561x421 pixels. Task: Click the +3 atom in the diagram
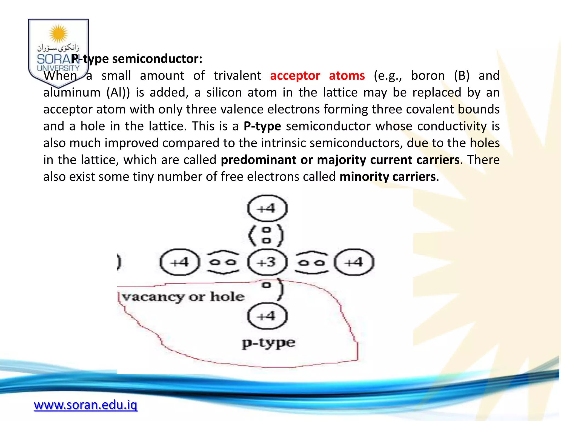point(267,262)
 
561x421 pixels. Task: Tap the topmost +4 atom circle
point(267,209)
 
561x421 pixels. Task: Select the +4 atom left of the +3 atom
point(180,262)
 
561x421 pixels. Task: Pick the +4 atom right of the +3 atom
point(354,262)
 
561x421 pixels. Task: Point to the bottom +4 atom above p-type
point(267,316)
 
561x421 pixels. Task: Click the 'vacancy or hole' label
point(183,297)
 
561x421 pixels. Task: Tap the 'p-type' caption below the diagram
point(268,343)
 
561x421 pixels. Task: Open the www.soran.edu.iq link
point(85,405)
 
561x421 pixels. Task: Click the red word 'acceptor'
point(295,76)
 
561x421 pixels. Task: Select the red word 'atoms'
point(347,76)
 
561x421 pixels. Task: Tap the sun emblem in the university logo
point(58,34)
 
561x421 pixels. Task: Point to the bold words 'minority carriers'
point(387,177)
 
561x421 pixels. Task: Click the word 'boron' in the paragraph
point(428,76)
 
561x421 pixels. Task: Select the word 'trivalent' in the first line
point(237,76)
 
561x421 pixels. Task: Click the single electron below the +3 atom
point(266,285)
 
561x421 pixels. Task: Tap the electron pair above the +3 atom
point(266,235)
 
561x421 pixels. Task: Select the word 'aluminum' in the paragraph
point(72,93)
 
